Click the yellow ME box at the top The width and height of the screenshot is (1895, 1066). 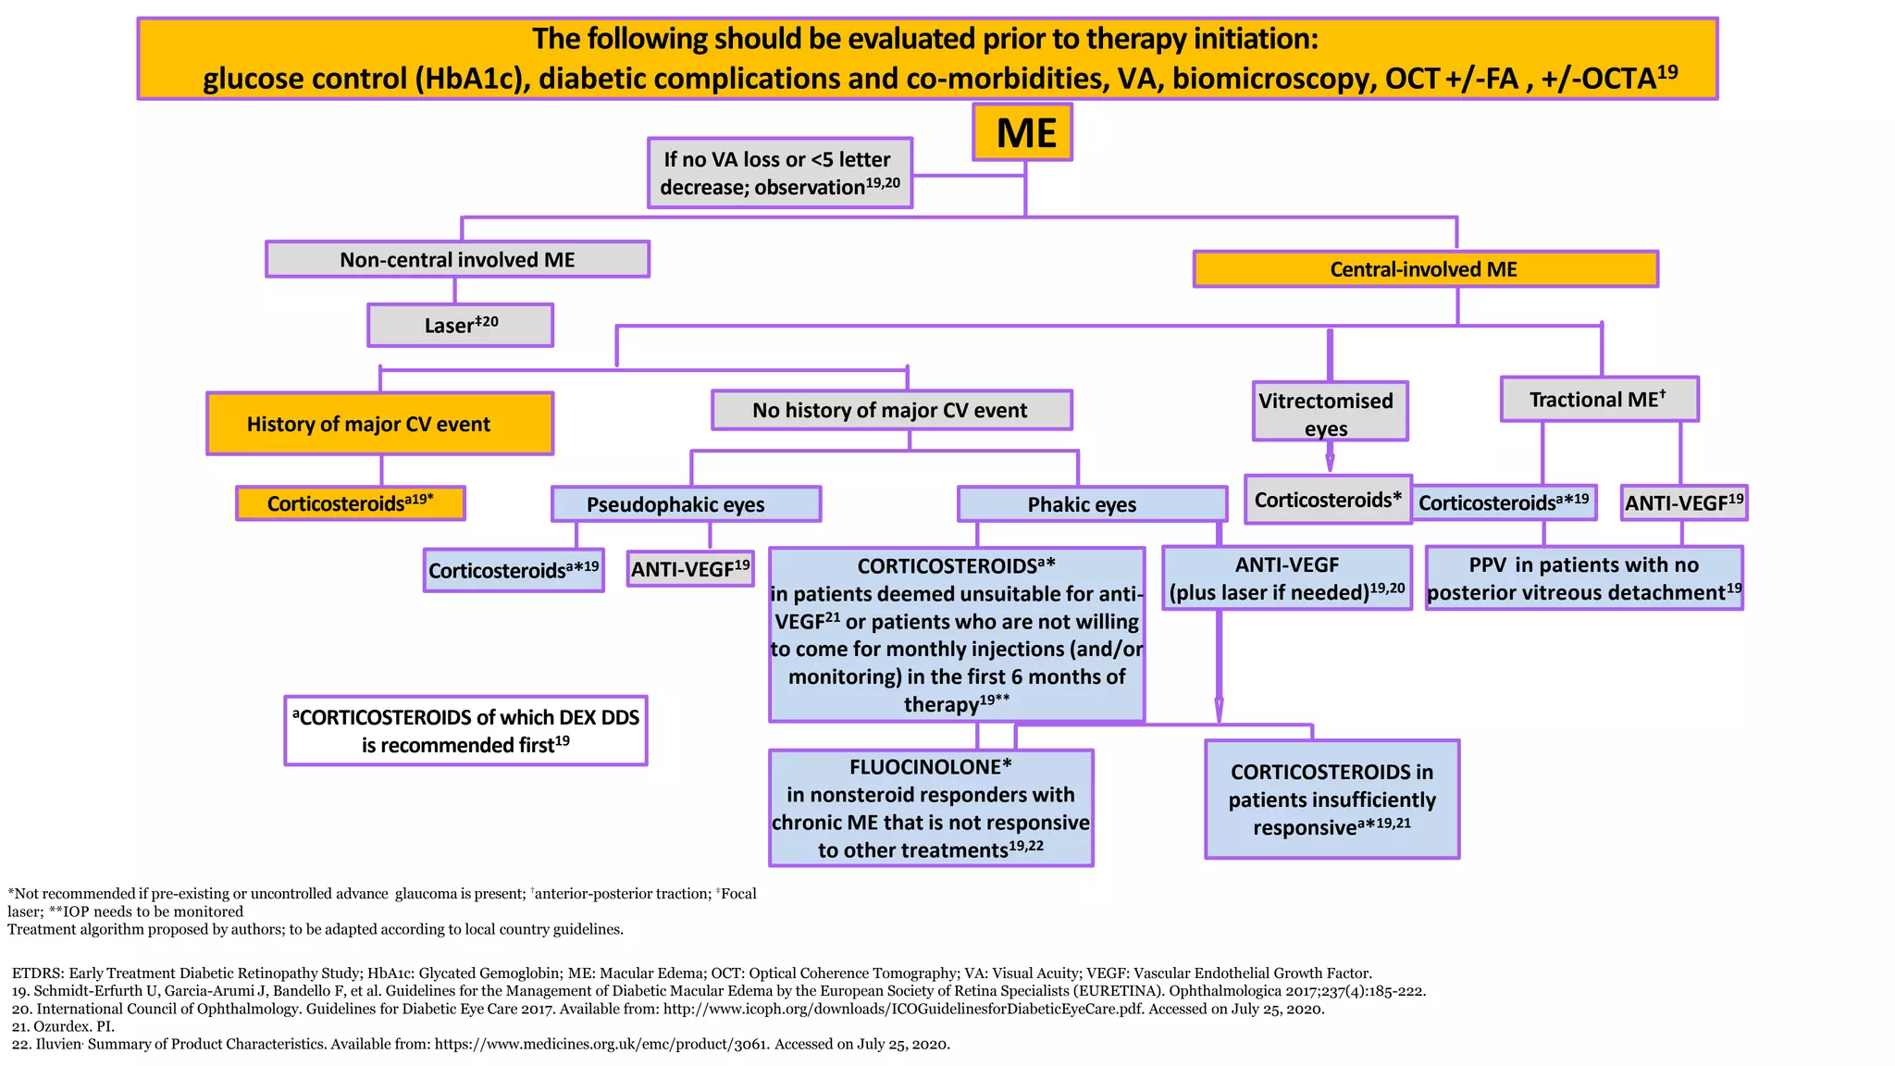tap(1022, 132)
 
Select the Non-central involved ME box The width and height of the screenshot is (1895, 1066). tap(457, 259)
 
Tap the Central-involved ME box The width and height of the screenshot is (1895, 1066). tap(1425, 269)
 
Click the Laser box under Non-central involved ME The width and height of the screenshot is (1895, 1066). tap(461, 326)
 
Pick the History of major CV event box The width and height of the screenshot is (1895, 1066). tap(379, 424)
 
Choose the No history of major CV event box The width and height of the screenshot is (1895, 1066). tap(891, 410)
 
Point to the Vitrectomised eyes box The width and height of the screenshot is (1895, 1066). tap(1330, 413)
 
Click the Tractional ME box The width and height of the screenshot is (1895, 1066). tap(1599, 400)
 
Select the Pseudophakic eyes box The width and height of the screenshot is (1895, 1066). tap(686, 504)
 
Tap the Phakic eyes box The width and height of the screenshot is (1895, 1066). tap(1092, 504)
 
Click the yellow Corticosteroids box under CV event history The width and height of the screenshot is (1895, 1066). tap(351, 503)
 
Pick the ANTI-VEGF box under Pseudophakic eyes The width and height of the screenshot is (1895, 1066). tap(690, 569)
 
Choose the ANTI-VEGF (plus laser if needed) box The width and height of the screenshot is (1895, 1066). tap(1286, 578)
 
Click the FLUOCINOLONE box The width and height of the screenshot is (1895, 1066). tap(931, 808)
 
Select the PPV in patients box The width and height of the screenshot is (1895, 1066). tap(1584, 578)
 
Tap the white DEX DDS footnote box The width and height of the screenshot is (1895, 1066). tap(465, 731)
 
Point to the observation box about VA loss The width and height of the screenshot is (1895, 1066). tap(780, 173)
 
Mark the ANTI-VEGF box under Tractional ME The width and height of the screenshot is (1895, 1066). tap(1684, 502)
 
